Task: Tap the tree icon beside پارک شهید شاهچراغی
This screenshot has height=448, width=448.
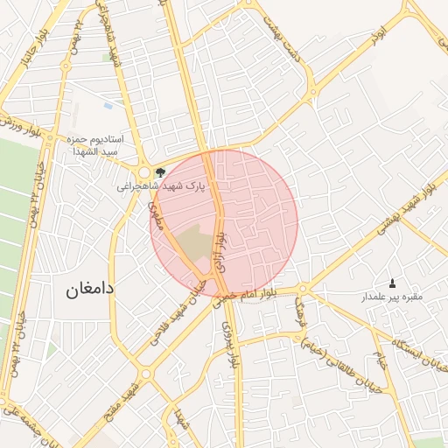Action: (159, 172)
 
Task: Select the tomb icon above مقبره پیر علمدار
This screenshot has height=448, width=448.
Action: (391, 283)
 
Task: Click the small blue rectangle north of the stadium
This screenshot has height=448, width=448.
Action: (108, 106)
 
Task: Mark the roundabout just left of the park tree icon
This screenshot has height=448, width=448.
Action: (144, 172)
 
